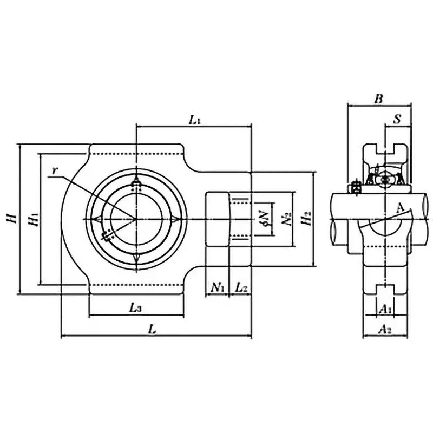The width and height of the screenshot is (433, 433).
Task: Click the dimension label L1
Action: pos(195,120)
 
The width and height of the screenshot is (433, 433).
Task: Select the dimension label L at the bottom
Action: pos(153,329)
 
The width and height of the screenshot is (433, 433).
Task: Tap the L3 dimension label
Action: pos(136,307)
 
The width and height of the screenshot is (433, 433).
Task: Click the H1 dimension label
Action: pos(33,219)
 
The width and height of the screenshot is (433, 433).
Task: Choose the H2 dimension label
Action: pos(306,219)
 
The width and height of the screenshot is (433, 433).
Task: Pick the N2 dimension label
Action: pos(285,219)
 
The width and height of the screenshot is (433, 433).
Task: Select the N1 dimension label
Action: pos(218,287)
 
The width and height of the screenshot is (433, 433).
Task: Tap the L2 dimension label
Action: pos(241,287)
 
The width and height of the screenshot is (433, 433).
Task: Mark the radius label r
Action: pos(54,170)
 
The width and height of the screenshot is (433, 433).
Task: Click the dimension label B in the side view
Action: pos(379,99)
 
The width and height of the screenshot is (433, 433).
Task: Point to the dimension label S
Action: pos(397,120)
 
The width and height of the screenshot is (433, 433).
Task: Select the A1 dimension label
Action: pos(385,309)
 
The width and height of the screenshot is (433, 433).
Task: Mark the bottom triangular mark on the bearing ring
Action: pos(136,259)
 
